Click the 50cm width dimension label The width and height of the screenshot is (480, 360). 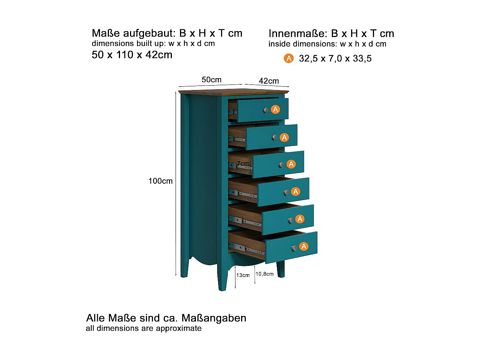[211, 80]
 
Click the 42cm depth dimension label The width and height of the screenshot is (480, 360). [269, 81]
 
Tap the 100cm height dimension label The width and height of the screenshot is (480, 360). [160, 181]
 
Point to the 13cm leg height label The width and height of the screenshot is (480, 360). [243, 275]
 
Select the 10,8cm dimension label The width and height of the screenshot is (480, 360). [264, 274]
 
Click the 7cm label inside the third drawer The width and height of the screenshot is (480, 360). [243, 163]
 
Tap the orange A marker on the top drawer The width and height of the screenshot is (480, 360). [275, 109]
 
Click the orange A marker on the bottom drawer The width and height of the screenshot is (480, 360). [304, 246]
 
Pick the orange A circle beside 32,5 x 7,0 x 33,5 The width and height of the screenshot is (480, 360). [289, 58]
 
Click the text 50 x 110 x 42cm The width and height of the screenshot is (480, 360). [132, 55]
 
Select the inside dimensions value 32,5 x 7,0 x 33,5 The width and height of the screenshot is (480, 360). [335, 59]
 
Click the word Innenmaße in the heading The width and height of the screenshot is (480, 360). [298, 34]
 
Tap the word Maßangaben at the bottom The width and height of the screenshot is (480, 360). [214, 318]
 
